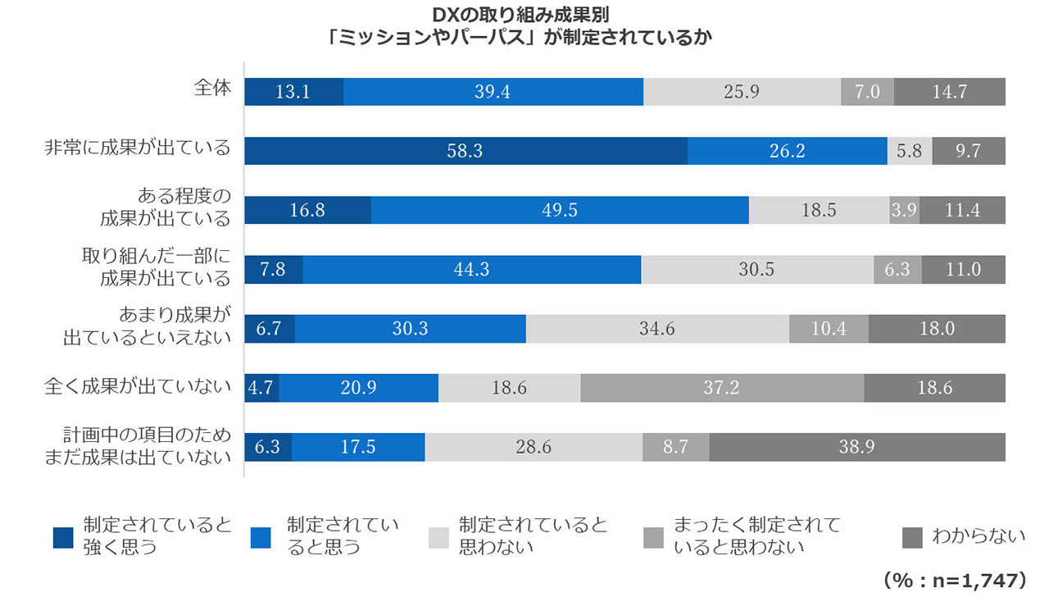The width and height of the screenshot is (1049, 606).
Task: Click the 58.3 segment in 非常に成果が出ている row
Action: (x=465, y=151)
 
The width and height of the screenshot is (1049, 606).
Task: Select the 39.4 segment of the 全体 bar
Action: (x=493, y=92)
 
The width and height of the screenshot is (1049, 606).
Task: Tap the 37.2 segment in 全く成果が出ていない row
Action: (x=721, y=387)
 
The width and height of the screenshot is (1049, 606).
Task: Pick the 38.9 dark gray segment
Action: (x=856, y=447)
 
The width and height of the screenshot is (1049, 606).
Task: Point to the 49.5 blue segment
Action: (x=560, y=210)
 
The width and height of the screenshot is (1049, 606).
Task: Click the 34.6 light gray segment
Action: (x=657, y=329)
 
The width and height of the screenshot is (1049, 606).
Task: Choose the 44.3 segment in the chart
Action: (x=471, y=269)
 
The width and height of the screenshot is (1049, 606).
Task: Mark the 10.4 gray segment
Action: (x=829, y=329)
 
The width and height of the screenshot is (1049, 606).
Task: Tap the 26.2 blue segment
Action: (x=787, y=151)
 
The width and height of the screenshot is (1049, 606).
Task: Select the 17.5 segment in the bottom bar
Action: (x=357, y=447)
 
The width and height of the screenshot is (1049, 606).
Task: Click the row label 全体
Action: (x=212, y=89)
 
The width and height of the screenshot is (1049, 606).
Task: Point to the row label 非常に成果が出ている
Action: (x=138, y=148)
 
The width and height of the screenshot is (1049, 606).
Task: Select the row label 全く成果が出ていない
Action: (x=138, y=385)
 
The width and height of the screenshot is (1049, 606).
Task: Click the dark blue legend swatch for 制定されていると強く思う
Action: (x=63, y=538)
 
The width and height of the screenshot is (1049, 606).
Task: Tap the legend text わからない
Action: (x=978, y=537)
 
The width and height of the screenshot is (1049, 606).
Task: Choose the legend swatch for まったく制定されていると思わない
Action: (x=654, y=538)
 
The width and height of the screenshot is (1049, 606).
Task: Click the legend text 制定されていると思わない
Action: (x=533, y=535)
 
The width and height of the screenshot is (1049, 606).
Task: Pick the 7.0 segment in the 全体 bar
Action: (x=867, y=92)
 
